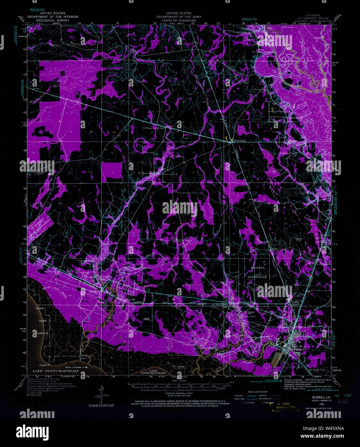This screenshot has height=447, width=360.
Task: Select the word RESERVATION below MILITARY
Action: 257,277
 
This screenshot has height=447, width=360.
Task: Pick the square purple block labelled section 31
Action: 112,173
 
